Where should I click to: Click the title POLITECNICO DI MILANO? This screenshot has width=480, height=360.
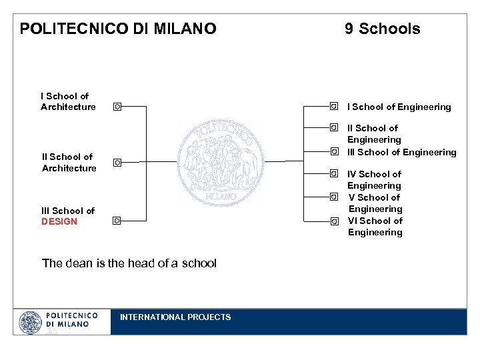pos(118,29)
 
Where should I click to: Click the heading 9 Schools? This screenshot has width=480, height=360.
pos(382,29)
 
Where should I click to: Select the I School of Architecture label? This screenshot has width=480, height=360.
pos(68,101)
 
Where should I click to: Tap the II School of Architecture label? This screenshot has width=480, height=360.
pos(69,163)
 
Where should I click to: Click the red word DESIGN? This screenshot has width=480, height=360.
pos(59,221)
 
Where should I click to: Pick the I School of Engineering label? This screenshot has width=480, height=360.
pos(399,107)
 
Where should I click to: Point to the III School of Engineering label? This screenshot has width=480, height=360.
pos(402,152)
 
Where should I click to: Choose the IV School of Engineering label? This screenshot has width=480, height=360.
pos(374,180)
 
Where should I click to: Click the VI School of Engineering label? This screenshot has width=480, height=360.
pos(375,227)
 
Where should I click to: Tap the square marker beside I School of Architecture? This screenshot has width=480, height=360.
pos(117,106)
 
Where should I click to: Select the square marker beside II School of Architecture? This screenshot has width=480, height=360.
pos(117,162)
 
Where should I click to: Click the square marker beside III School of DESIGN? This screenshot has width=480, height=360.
pos(117,220)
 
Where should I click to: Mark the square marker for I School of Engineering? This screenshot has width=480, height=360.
pos(333,105)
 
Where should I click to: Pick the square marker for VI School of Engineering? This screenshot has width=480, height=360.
pos(333,221)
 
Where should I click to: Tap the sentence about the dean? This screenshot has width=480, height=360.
pos(129,263)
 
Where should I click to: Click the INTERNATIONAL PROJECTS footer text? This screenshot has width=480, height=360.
pos(175,317)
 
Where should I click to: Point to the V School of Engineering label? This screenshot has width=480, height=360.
pos(375,203)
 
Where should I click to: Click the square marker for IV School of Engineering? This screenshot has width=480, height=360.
pos(333,173)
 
